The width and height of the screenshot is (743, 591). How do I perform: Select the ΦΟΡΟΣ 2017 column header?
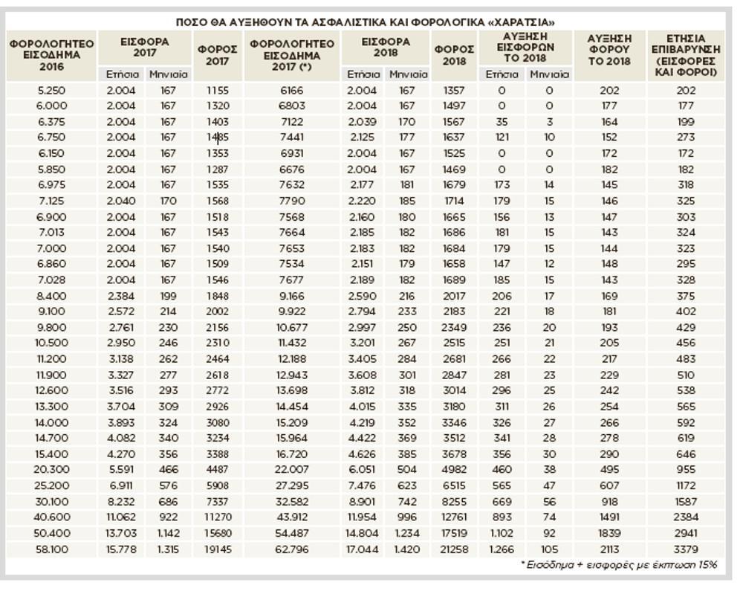[x=218, y=55]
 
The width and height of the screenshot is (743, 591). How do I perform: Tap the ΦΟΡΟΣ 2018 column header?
[x=454, y=55]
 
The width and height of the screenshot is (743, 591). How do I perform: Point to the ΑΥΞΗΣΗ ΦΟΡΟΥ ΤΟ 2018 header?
[x=609, y=49]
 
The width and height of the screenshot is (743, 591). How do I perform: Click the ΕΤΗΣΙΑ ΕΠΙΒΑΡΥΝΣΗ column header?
[x=686, y=55]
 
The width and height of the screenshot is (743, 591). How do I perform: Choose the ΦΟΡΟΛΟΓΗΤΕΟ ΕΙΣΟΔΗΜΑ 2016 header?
[x=52, y=55]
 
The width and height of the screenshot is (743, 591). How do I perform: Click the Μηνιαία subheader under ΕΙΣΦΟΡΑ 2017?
[x=169, y=74]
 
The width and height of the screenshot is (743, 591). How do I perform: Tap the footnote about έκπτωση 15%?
[x=619, y=565]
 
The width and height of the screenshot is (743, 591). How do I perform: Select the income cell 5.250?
[x=52, y=90]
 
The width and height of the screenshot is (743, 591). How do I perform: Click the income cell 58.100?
[x=52, y=549]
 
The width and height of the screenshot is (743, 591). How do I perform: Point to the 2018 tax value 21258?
[x=454, y=549]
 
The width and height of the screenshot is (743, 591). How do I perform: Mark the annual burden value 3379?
[x=686, y=549]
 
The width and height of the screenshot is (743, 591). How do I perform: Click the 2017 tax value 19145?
[x=218, y=549]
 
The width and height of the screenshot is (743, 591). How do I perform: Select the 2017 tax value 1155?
[x=218, y=90]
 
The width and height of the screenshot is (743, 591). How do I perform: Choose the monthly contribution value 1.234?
[x=406, y=533]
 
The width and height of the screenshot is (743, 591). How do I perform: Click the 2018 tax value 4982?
[x=454, y=469]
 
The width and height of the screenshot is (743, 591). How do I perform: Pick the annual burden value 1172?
[x=686, y=485]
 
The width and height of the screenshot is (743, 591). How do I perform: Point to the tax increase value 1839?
[x=609, y=533]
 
